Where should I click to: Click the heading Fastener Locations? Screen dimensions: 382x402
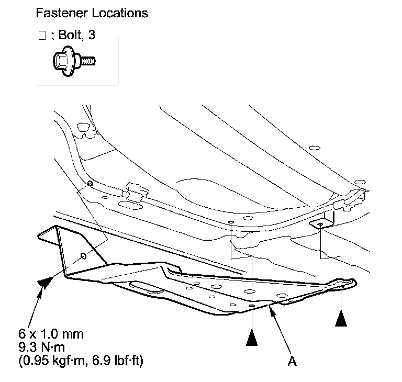coord(92,13)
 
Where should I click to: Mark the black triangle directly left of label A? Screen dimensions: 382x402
coord(252,339)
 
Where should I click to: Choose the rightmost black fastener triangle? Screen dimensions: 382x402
coord(341,319)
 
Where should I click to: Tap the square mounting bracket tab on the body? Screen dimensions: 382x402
coord(320,223)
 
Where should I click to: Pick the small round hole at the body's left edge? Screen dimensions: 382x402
coord(90,183)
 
